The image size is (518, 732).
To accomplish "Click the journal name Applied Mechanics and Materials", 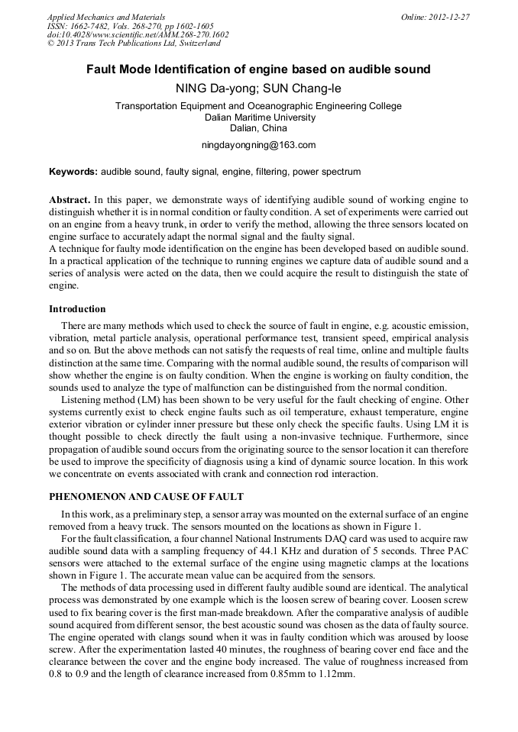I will click(x=105, y=16).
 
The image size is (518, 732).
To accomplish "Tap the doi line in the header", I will click(x=138, y=34).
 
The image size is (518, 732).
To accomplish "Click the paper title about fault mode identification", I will click(x=258, y=69).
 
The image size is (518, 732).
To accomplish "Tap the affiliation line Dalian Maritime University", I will click(x=259, y=118).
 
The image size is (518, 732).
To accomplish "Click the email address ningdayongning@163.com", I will click(x=258, y=144).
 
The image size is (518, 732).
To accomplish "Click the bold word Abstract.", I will click(x=70, y=198).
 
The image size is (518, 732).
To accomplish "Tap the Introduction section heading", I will click(x=77, y=309).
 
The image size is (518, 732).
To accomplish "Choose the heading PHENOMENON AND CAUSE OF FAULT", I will click(x=146, y=497).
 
